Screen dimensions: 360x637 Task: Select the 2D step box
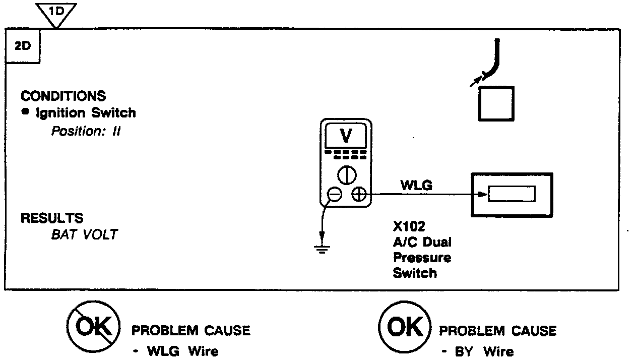coord(23,46)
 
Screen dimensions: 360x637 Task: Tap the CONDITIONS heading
coord(63,96)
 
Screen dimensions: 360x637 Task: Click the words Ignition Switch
coord(86,113)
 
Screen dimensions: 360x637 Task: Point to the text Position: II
coord(86,132)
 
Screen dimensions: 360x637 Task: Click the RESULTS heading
coord(52,218)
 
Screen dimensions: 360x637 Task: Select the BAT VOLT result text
coord(84,234)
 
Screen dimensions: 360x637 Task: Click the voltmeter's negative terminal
coord(334,194)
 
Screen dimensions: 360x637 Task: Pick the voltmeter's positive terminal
coord(358,194)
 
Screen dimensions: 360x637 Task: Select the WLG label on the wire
coord(416,186)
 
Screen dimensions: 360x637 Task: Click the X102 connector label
coord(409,226)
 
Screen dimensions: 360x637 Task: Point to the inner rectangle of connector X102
coord(512,194)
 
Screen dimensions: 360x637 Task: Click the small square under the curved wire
coord(496,103)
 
